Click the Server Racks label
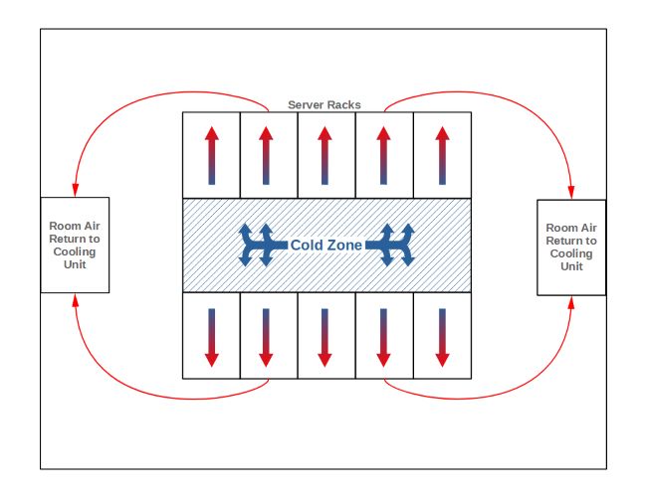point(324,104)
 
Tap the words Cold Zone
point(325,245)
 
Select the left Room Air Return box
point(74,245)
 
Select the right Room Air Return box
point(571,247)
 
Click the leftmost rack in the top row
point(211,154)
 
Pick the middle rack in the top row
point(326,154)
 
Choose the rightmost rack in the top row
point(442,154)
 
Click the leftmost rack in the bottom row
point(211,335)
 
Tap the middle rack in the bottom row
point(326,335)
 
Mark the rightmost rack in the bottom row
point(442,335)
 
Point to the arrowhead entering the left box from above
point(74,189)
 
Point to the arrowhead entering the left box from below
point(75,299)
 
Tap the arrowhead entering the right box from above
point(571,191)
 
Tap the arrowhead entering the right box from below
point(571,303)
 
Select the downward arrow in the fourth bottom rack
point(384,336)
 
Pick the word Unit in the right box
point(571,266)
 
